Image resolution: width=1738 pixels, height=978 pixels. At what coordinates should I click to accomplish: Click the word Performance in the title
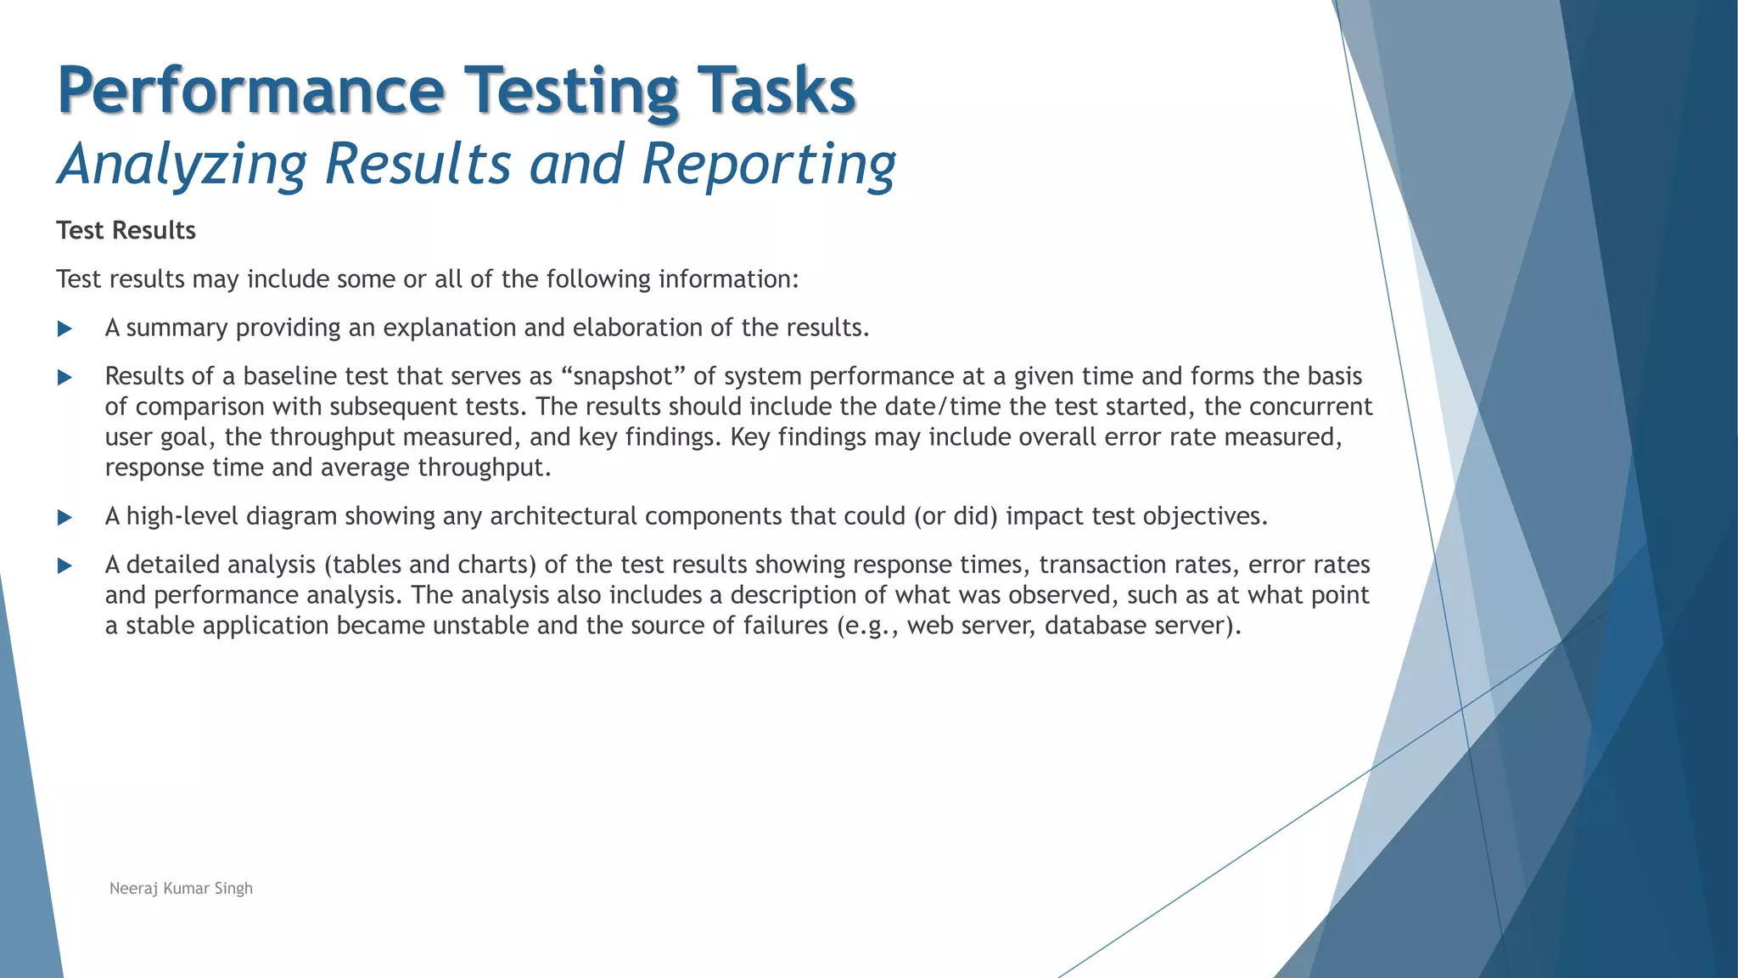(x=250, y=92)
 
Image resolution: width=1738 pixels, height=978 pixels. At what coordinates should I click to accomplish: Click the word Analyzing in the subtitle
(x=182, y=165)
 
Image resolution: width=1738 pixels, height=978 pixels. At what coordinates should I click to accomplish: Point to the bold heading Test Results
(x=126, y=231)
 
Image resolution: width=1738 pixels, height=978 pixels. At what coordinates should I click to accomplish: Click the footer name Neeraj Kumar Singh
(x=181, y=889)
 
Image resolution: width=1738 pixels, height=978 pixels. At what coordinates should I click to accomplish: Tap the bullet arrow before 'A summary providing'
(x=64, y=329)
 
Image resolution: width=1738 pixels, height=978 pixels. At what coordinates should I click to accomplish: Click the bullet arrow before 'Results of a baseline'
(x=64, y=378)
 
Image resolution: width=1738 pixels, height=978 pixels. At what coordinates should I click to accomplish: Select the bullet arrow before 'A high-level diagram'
(x=64, y=518)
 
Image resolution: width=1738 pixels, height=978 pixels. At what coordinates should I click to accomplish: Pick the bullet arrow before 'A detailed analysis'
(x=64, y=566)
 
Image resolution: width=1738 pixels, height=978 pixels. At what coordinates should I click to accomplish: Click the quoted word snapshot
(x=623, y=377)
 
